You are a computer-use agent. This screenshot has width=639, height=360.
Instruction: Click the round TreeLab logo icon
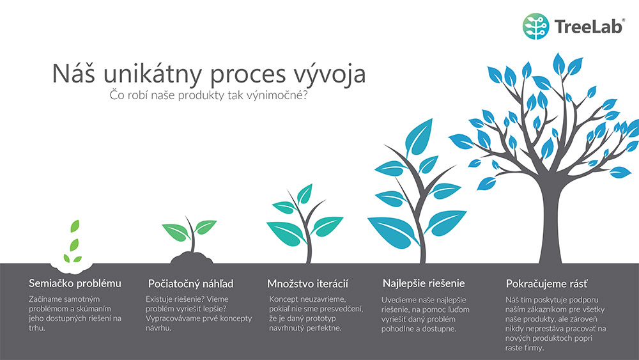click(535, 26)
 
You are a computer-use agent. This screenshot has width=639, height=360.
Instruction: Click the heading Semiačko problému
click(75, 283)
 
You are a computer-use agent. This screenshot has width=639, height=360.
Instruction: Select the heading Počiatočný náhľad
click(190, 283)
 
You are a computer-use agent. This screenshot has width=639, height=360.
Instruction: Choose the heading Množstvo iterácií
click(308, 283)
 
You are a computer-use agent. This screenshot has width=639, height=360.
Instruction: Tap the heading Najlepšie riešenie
click(424, 283)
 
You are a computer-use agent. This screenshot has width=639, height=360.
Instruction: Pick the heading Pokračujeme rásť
click(546, 283)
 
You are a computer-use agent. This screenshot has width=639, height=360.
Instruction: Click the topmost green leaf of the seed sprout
click(75, 226)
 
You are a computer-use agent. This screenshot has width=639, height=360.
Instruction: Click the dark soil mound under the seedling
click(191, 258)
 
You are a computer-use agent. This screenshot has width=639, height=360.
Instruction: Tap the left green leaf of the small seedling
click(176, 232)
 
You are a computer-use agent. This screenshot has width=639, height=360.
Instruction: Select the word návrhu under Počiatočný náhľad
click(158, 328)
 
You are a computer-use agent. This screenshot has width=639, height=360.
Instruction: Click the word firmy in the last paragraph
click(532, 348)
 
